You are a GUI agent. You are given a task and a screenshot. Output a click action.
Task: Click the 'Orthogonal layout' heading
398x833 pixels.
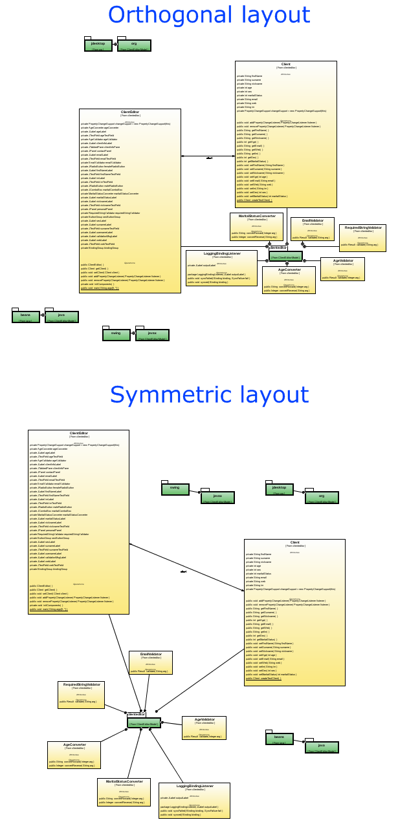208,15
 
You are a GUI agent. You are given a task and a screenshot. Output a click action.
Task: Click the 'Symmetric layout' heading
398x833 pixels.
209,394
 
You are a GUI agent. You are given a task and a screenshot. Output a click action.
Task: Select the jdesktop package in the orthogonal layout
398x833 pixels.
98,45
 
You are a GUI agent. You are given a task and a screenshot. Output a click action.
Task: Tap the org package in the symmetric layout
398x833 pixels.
322,498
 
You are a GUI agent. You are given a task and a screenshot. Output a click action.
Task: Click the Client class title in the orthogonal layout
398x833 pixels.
285,65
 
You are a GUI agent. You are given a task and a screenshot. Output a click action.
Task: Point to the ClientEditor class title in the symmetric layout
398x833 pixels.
78,434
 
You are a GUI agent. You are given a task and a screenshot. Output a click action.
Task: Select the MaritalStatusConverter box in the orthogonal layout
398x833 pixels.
257,226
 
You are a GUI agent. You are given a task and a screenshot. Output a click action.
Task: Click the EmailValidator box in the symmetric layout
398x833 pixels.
150,662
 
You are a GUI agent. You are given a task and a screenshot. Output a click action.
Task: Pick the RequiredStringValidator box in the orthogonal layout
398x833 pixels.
362,237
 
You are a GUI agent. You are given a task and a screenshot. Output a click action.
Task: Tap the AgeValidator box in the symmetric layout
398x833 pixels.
204,728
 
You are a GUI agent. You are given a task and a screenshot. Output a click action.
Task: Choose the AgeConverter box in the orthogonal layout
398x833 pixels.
289,280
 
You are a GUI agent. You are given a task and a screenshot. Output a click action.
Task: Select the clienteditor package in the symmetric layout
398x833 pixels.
144,721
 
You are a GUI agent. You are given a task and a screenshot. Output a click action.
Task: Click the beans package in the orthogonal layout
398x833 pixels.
26,317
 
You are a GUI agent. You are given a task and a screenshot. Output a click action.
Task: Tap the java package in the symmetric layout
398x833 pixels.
322,748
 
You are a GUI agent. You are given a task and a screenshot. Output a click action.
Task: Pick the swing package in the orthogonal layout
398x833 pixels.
116,334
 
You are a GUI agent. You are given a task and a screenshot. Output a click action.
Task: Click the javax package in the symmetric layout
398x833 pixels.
217,498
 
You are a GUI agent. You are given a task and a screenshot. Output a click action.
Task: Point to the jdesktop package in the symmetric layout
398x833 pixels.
280,489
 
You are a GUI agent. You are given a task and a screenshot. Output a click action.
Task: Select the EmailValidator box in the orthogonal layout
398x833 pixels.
312,229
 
